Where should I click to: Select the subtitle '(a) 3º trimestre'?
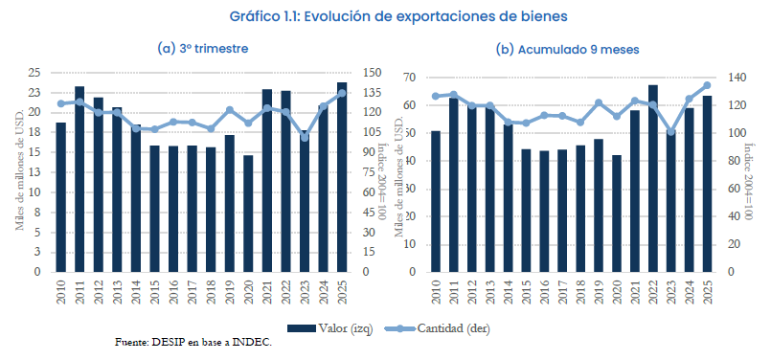click(x=202, y=48)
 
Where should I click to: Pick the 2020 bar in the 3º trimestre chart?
click(x=248, y=214)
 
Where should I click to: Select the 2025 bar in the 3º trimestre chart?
click(x=342, y=178)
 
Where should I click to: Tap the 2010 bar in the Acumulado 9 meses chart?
click(x=436, y=201)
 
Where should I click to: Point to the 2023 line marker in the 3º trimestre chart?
click(x=305, y=137)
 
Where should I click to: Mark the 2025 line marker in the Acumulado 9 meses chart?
click(x=708, y=85)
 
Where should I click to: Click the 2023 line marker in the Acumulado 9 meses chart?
click(x=670, y=132)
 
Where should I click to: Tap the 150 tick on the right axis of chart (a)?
click(x=372, y=73)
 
